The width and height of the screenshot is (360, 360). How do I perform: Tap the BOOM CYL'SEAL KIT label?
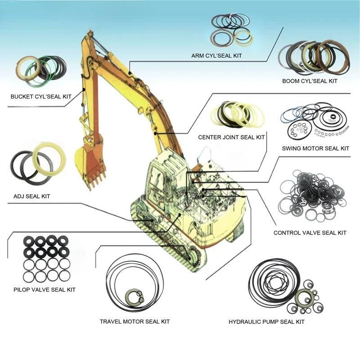[x=310, y=81]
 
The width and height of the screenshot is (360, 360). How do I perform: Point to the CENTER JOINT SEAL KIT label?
[x=231, y=137]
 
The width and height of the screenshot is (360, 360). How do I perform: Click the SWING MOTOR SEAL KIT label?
[x=315, y=148]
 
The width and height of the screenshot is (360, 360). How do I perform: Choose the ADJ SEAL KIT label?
[x=32, y=196]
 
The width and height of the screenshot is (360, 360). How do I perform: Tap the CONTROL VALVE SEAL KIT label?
[x=310, y=233]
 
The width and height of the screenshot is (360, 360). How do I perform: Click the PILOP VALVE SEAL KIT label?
[x=45, y=289]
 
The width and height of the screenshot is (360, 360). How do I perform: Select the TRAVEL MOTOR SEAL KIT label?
[x=135, y=321]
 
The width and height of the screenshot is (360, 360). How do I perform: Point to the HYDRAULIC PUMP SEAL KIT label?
[x=266, y=322]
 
